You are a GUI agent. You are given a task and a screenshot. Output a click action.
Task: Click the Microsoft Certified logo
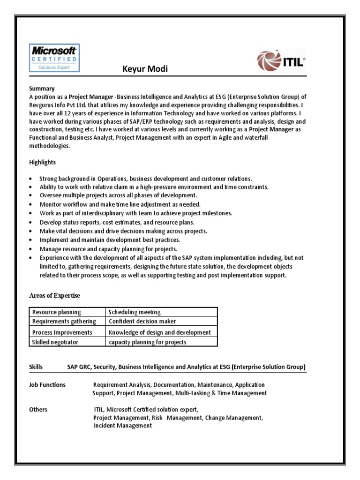(54, 58)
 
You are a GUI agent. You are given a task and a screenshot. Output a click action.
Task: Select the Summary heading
(42, 88)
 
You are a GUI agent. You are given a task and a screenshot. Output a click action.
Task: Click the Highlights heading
(42, 162)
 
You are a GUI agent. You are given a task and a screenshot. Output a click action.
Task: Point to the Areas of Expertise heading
(54, 295)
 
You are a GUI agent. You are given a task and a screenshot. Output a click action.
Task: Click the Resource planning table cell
(56, 312)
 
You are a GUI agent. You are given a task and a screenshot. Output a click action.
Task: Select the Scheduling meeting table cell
(135, 312)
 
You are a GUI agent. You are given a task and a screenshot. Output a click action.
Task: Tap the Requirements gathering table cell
(64, 322)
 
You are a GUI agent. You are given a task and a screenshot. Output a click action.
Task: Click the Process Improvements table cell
(62, 332)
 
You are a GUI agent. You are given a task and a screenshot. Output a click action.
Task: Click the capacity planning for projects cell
(147, 342)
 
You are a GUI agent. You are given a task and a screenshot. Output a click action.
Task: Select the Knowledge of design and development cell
(160, 332)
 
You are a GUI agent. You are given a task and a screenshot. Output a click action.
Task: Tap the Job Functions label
(47, 385)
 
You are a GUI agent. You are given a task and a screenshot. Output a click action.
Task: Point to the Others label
(38, 410)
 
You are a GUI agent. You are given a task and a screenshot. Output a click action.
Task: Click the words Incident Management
(122, 426)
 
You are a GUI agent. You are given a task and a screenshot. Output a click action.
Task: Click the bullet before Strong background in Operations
(31, 179)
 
